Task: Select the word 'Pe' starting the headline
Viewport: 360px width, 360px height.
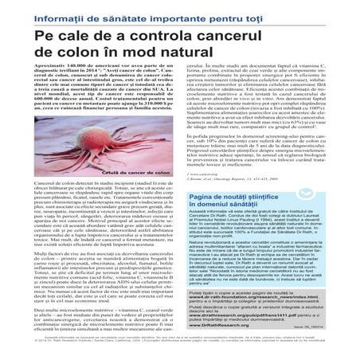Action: pyautogui.click(x=46, y=40)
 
